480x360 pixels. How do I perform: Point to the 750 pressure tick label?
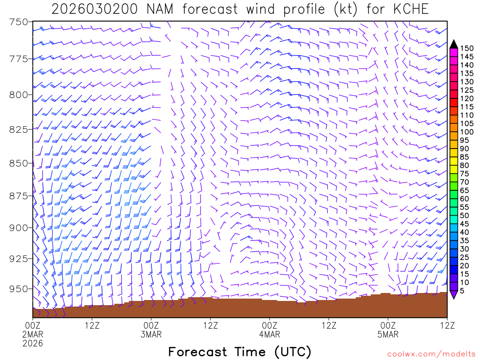click(x=19, y=22)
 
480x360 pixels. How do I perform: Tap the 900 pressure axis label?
click(x=19, y=228)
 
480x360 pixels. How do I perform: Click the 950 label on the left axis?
click(x=19, y=289)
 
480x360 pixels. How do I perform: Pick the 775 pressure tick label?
click(x=19, y=59)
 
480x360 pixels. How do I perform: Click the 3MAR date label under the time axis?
click(x=151, y=335)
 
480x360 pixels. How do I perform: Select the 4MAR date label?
click(x=270, y=335)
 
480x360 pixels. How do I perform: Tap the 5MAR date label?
click(x=388, y=335)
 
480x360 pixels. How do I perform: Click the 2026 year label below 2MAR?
click(x=33, y=343)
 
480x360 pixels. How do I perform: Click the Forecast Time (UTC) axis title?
click(x=240, y=352)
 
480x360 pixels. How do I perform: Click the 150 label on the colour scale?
click(x=466, y=48)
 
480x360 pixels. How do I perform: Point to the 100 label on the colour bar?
click(x=466, y=132)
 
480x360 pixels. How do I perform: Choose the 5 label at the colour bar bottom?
click(x=462, y=291)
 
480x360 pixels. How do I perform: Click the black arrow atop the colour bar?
click(x=454, y=44)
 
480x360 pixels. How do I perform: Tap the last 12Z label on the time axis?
click(x=447, y=325)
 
